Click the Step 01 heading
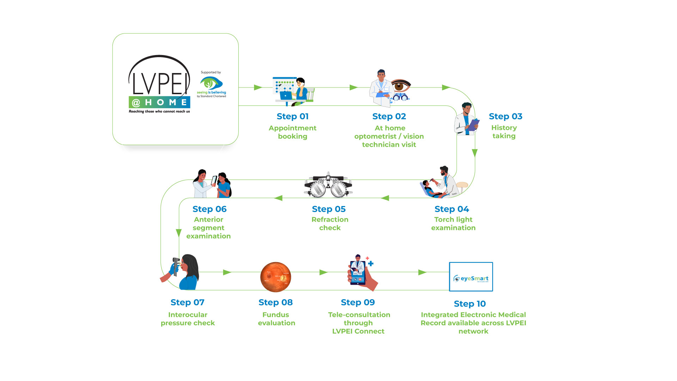(293, 116)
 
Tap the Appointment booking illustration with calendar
(293, 91)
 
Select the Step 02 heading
(389, 116)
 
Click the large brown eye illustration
(401, 86)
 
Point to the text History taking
(504, 132)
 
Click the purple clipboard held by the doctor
(474, 125)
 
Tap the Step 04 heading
(452, 209)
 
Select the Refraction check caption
(330, 224)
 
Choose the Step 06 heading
(209, 209)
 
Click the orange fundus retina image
(275, 277)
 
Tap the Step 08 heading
(275, 302)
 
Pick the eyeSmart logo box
(471, 277)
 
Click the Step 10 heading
(470, 304)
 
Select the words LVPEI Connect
(358, 331)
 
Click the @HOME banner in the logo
(159, 102)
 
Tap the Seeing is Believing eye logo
(212, 83)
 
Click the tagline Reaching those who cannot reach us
(159, 111)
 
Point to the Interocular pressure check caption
(188, 319)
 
